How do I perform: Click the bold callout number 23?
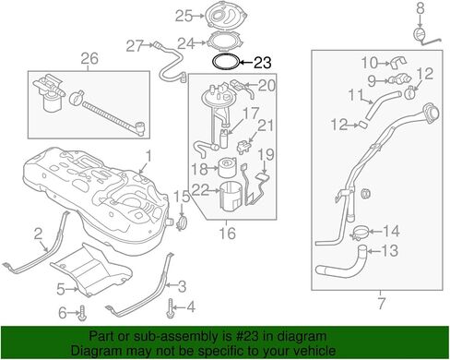[x=262, y=63]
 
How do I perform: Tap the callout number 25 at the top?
[x=184, y=16]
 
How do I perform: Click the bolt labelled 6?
[x=82, y=313]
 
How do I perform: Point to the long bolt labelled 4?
[x=170, y=307]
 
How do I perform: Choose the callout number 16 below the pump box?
[x=227, y=234]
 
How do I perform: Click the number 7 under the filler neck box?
[x=381, y=304]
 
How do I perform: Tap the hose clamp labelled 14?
[x=360, y=233]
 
